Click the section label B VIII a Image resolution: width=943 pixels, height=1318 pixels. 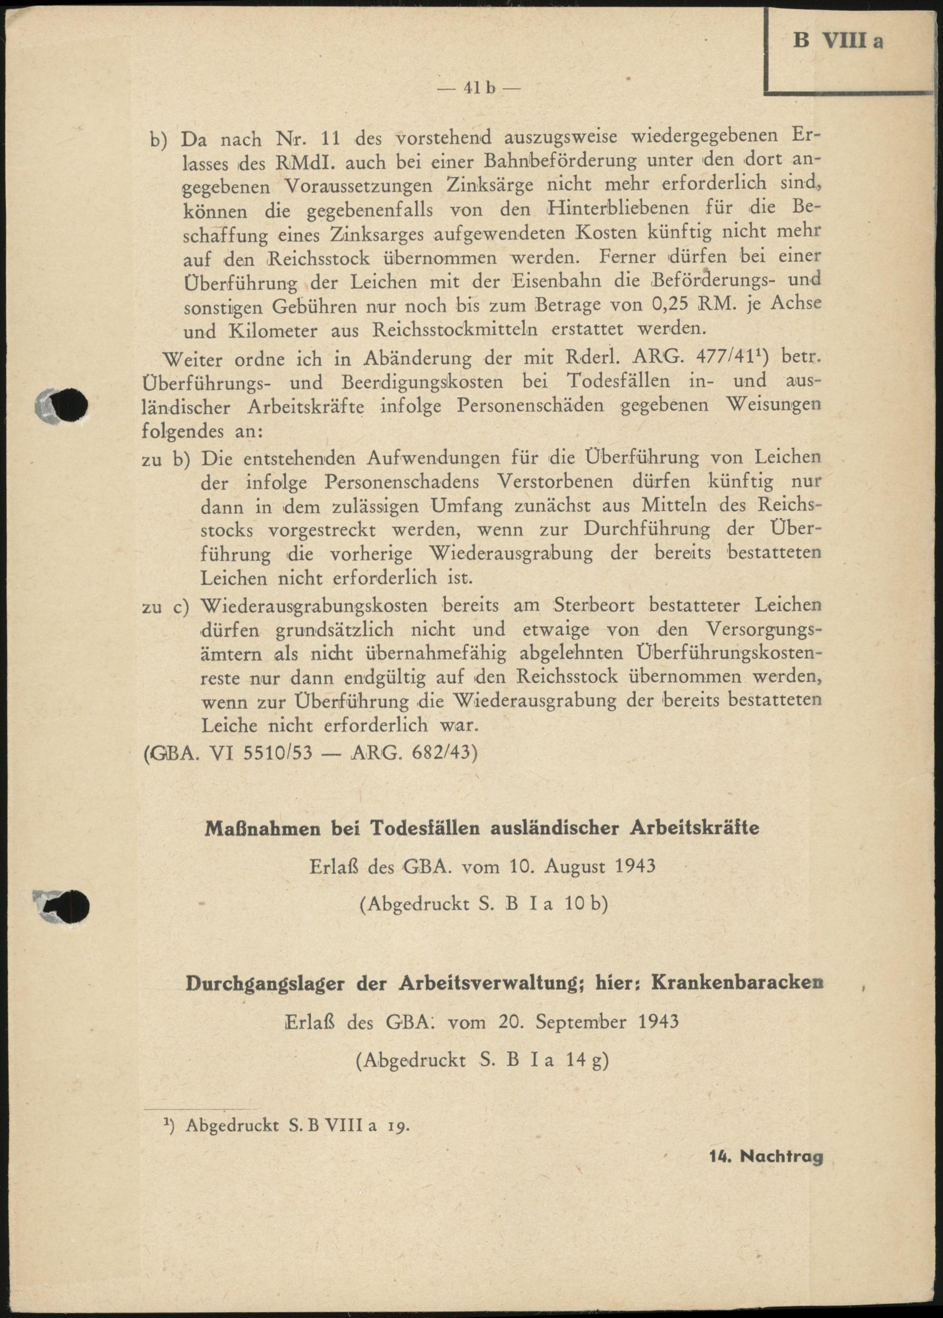(838, 41)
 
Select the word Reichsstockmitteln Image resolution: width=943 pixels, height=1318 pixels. (455, 329)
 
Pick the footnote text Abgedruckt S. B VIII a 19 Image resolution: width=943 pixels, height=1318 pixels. (298, 1125)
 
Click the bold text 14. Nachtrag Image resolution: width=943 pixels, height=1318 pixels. (766, 1157)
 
